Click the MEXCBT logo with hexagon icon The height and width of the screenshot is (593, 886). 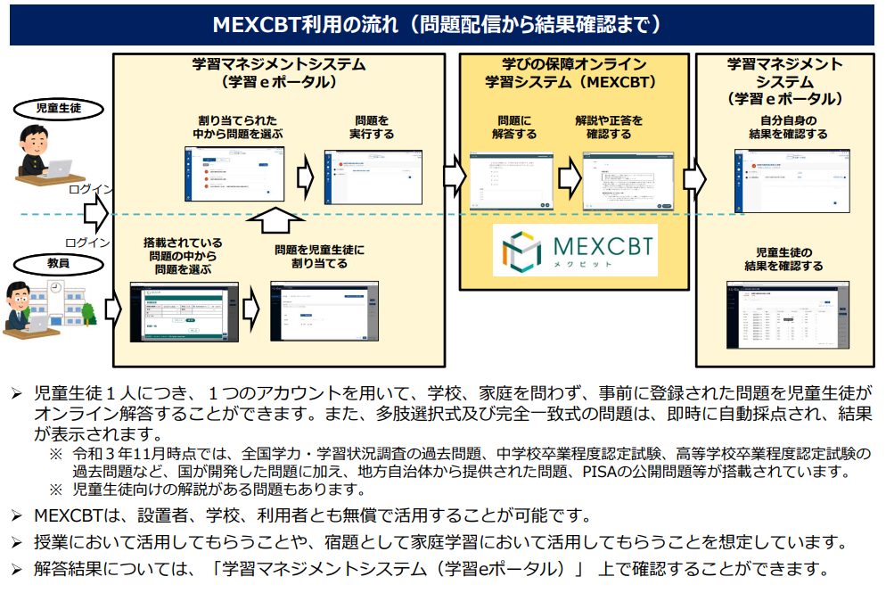575,249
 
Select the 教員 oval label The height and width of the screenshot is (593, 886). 59,263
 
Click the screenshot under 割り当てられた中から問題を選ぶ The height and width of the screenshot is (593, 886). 234,172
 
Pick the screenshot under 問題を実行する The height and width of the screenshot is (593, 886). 372,177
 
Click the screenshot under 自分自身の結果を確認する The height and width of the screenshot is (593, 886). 788,179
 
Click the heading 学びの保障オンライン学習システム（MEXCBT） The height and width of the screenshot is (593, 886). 574,73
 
